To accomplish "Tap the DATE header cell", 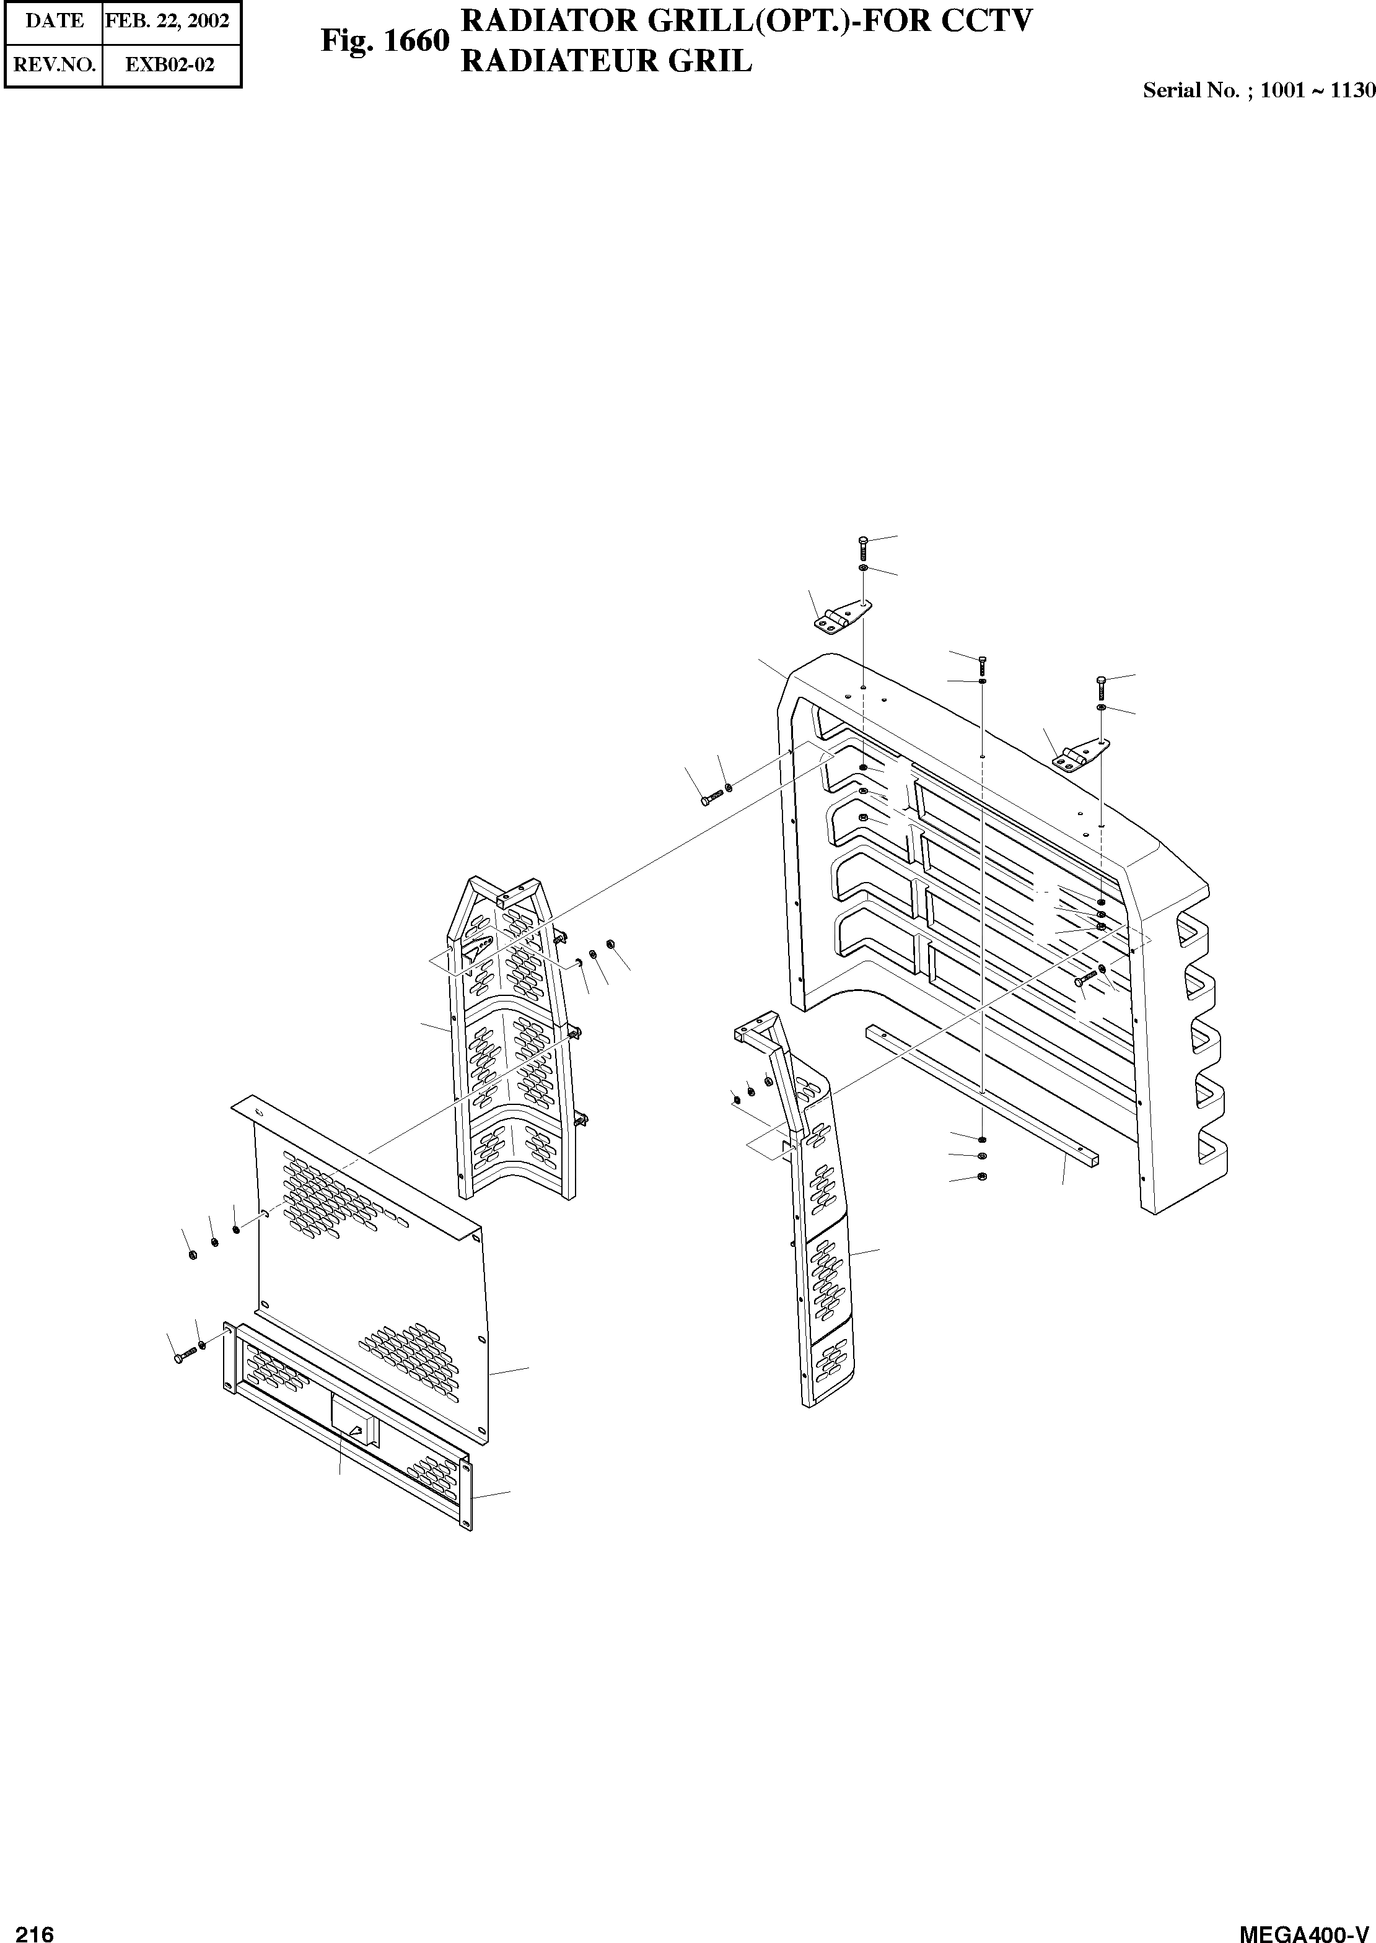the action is tap(55, 20).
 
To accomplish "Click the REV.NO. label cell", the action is tap(55, 64).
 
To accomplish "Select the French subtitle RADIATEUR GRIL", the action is tap(606, 61).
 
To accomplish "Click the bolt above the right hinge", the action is tap(1100, 688).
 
